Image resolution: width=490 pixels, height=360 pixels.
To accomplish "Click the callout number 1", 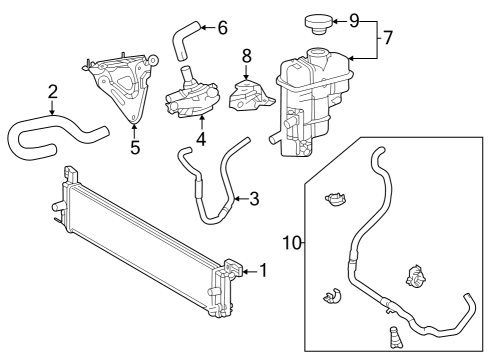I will click(x=263, y=269).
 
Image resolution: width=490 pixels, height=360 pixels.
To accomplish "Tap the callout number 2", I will click(x=52, y=94).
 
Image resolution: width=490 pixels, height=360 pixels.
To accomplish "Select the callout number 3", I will click(x=254, y=199).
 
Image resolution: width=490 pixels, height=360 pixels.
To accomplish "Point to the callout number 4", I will click(x=201, y=139).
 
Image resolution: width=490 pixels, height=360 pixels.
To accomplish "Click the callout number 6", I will click(x=222, y=26).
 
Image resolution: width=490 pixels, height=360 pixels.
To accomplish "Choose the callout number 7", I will click(x=387, y=40).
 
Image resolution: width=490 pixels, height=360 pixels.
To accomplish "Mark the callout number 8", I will click(x=246, y=57).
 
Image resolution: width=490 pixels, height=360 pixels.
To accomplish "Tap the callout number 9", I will click(x=353, y=19).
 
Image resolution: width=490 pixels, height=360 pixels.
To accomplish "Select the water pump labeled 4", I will click(x=190, y=95).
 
